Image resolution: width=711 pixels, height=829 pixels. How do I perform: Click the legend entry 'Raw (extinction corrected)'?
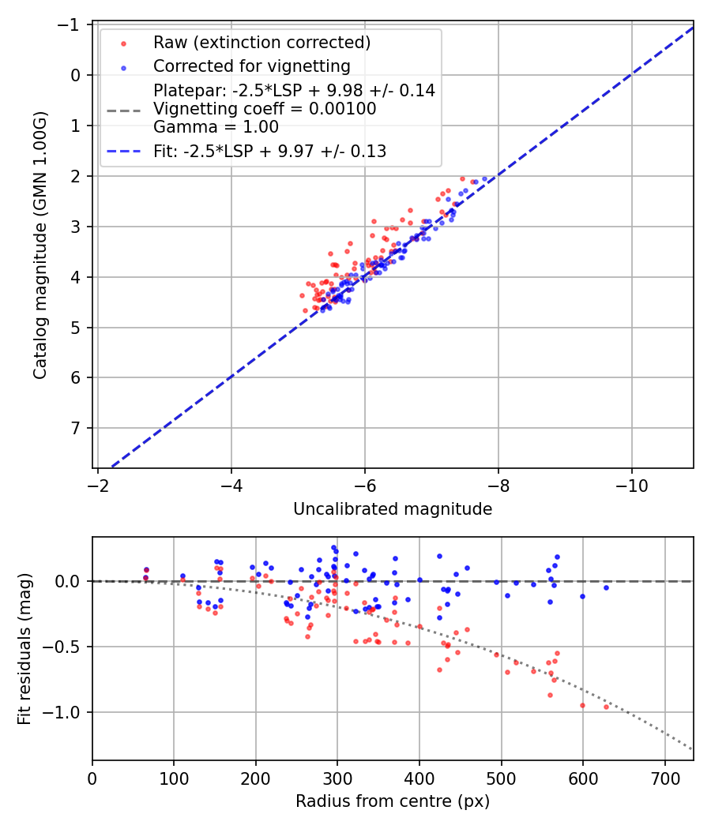pyautogui.click(x=261, y=42)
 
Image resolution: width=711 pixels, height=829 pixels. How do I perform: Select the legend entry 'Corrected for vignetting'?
pyautogui.click(x=250, y=66)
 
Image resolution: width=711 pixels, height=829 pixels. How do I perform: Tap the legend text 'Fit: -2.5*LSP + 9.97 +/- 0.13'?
pyautogui.click(x=269, y=152)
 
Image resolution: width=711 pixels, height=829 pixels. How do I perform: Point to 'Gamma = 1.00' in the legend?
pyautogui.click(x=216, y=126)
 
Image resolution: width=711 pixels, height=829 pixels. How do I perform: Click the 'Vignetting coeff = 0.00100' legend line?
pyautogui.click(x=265, y=108)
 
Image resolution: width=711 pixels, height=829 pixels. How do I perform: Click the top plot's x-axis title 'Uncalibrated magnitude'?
pyautogui.click(x=393, y=509)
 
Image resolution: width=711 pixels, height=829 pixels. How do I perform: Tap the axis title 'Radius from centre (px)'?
pyautogui.click(x=393, y=801)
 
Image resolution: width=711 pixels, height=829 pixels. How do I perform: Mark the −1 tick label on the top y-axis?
pyautogui.click(x=72, y=24)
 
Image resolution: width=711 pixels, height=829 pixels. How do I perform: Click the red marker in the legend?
pyautogui.click(x=122, y=42)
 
